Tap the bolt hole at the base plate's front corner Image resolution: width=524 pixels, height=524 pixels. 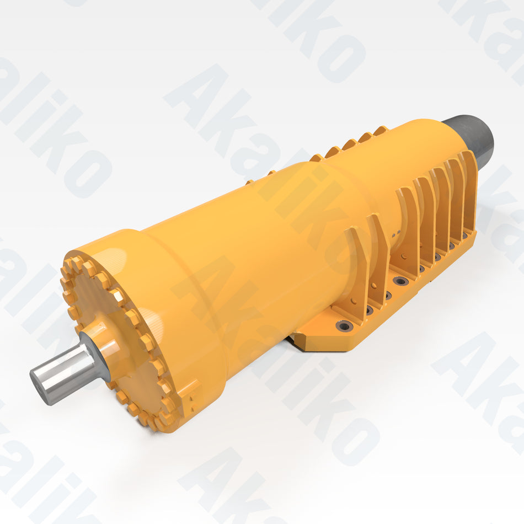[345, 327]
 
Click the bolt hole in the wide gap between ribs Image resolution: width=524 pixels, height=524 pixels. [400, 281]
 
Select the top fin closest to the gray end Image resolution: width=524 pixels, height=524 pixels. [381, 131]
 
